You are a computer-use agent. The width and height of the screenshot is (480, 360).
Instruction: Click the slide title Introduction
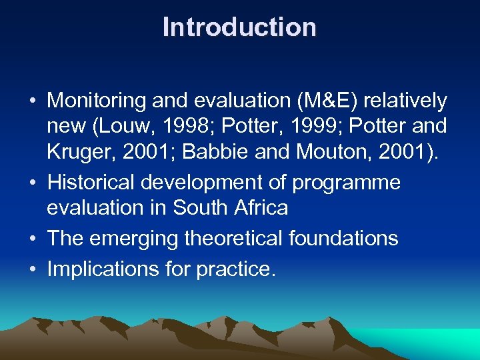pyautogui.click(x=239, y=27)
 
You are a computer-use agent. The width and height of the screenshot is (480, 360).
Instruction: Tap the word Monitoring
pyautogui.click(x=96, y=101)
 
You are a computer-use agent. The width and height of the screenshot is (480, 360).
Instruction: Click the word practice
pyautogui.click(x=235, y=269)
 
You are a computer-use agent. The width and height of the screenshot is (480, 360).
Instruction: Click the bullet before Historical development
pyautogui.click(x=33, y=183)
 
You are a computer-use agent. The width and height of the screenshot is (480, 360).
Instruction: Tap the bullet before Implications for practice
pyautogui.click(x=33, y=269)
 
